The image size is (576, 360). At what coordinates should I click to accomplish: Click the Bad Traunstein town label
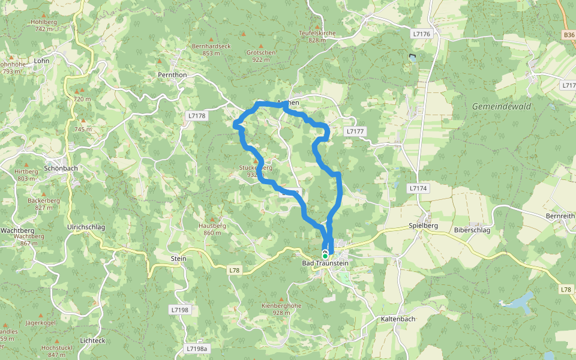click(326, 263)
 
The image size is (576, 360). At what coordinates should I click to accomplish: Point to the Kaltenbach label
click(398, 319)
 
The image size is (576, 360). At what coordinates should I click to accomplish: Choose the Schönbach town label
click(61, 169)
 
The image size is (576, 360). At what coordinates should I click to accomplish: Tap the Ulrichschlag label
click(86, 227)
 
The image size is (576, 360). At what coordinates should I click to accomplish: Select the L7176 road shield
click(422, 34)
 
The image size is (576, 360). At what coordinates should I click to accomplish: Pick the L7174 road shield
click(418, 188)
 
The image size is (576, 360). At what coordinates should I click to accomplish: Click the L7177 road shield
click(355, 131)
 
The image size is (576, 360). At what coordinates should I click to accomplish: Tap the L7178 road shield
click(196, 116)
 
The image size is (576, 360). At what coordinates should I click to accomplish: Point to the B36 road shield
click(569, 35)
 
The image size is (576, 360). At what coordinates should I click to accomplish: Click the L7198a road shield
click(196, 349)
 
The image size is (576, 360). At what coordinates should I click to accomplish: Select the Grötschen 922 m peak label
click(261, 56)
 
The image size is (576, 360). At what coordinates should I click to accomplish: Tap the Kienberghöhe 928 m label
click(281, 309)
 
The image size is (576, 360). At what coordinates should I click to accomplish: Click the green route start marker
click(325, 256)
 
